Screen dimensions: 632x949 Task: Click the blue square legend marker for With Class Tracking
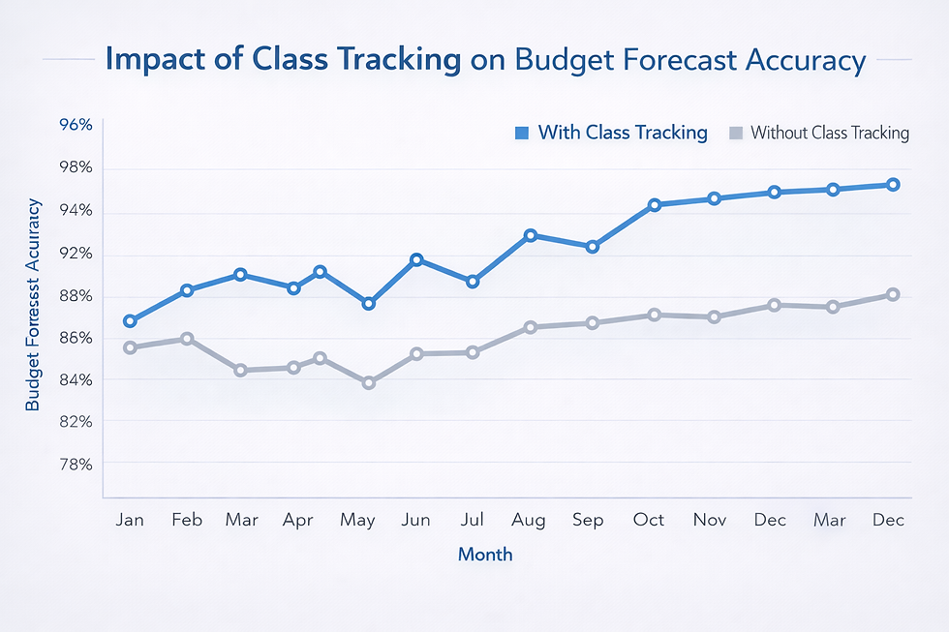522,133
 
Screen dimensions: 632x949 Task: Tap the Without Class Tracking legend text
829,133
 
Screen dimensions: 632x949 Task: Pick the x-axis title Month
485,555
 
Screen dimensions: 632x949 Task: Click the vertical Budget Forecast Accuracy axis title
34,304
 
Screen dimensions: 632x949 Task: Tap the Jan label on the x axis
130,520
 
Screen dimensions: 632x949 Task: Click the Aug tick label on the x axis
529,520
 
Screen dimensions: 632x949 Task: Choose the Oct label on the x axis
649,520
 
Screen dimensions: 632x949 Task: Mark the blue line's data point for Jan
130,320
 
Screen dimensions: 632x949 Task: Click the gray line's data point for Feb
187,339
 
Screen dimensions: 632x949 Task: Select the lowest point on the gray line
369,383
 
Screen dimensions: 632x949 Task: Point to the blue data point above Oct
655,204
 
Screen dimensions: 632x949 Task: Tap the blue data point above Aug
531,235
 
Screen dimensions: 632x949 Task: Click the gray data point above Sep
593,322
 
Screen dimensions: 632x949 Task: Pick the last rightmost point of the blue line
894,184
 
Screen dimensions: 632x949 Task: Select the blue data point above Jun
416,259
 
